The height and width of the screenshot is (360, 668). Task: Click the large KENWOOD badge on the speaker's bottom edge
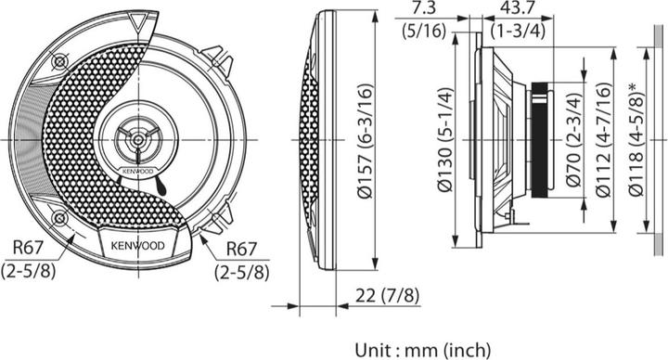pyautogui.click(x=138, y=246)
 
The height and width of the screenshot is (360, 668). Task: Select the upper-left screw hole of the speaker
pyautogui.click(x=60, y=62)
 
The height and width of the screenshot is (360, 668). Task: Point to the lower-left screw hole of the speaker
pyautogui.click(x=60, y=218)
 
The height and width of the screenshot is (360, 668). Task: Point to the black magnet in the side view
pyautogui.click(x=539, y=139)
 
